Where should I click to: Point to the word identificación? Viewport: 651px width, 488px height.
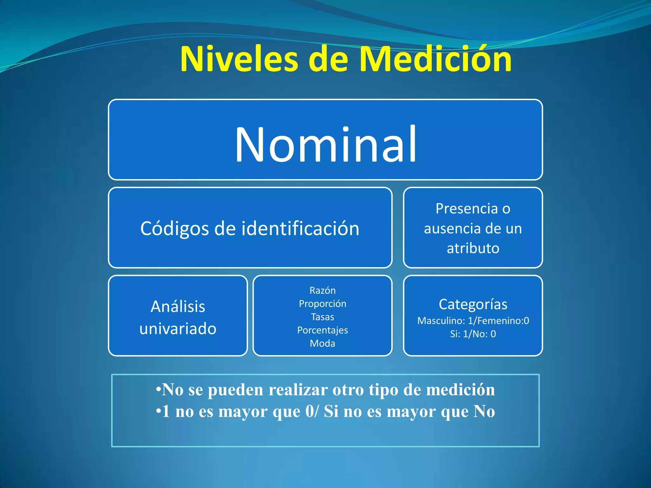pyautogui.click(x=300, y=229)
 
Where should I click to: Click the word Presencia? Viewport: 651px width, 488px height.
pyautogui.click(x=466, y=209)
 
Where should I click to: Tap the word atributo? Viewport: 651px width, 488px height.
pyautogui.click(x=473, y=248)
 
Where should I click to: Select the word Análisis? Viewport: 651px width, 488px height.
pyautogui.click(x=178, y=307)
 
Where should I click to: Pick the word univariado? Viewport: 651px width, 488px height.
pyautogui.click(x=178, y=329)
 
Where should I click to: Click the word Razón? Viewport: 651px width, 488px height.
pyautogui.click(x=322, y=290)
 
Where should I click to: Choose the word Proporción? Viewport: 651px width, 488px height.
pyautogui.click(x=322, y=304)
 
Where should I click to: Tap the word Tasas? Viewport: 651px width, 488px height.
pyautogui.click(x=322, y=317)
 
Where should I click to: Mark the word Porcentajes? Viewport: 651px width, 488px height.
pyautogui.click(x=322, y=330)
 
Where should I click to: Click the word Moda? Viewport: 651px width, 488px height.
pyautogui.click(x=322, y=343)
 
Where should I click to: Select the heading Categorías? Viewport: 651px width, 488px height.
pyautogui.click(x=473, y=304)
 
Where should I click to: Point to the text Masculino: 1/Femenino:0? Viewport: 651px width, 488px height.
pyautogui.click(x=473, y=321)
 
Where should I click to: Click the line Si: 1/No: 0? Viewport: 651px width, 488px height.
pyautogui.click(x=473, y=334)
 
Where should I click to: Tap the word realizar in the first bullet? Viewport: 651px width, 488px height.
pyautogui.click(x=298, y=390)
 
